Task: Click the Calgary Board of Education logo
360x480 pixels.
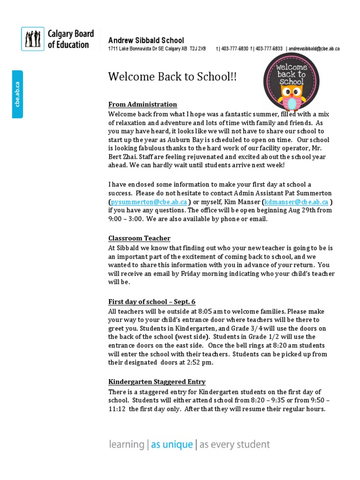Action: click(x=58, y=39)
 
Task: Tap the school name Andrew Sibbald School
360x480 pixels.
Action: click(x=146, y=40)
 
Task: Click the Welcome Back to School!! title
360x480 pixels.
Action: click(x=172, y=76)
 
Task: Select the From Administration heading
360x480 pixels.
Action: click(x=142, y=105)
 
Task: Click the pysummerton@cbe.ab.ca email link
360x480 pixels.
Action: click(x=149, y=202)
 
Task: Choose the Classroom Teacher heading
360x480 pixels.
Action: click(x=139, y=238)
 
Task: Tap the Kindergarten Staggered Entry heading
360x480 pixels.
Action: click(x=157, y=382)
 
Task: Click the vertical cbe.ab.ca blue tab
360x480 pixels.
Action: click(x=17, y=94)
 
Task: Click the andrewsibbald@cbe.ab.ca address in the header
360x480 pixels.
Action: click(x=314, y=49)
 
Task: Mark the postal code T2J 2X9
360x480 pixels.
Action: click(x=198, y=49)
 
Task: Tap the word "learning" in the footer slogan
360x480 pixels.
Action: click(x=126, y=444)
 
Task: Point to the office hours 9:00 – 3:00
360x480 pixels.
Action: click(x=126, y=219)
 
